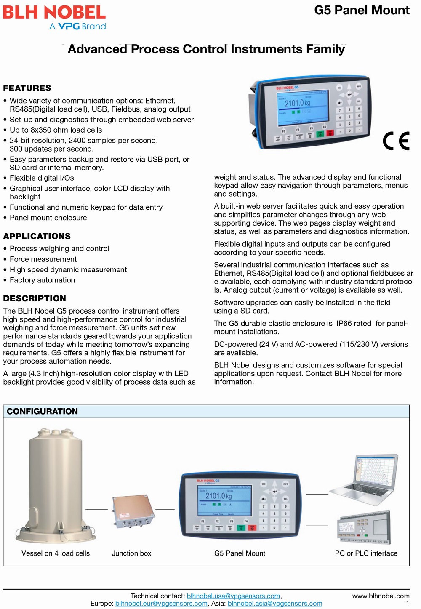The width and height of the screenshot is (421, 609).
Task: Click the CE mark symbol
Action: click(396, 141)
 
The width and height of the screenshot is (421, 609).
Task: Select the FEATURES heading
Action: click(27, 88)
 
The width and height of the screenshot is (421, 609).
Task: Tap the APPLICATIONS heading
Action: click(37, 236)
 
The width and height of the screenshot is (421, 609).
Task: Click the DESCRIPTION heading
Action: click(35, 298)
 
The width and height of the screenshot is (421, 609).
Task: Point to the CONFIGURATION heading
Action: click(42, 411)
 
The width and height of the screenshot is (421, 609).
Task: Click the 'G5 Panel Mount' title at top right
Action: click(362, 10)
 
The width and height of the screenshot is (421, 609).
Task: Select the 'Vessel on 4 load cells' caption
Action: click(56, 553)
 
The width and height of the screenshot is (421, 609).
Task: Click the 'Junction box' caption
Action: click(131, 553)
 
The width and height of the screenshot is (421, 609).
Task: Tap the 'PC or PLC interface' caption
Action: click(366, 553)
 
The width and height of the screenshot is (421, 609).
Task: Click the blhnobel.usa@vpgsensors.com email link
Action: click(233, 596)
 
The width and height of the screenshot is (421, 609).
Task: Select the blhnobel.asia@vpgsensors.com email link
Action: click(275, 603)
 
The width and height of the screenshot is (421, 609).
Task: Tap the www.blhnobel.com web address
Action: click(381, 596)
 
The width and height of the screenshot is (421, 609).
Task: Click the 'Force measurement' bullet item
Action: click(43, 259)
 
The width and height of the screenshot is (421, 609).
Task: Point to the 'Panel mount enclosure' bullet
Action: click(48, 218)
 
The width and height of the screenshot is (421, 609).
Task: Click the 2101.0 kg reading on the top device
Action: click(297, 103)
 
